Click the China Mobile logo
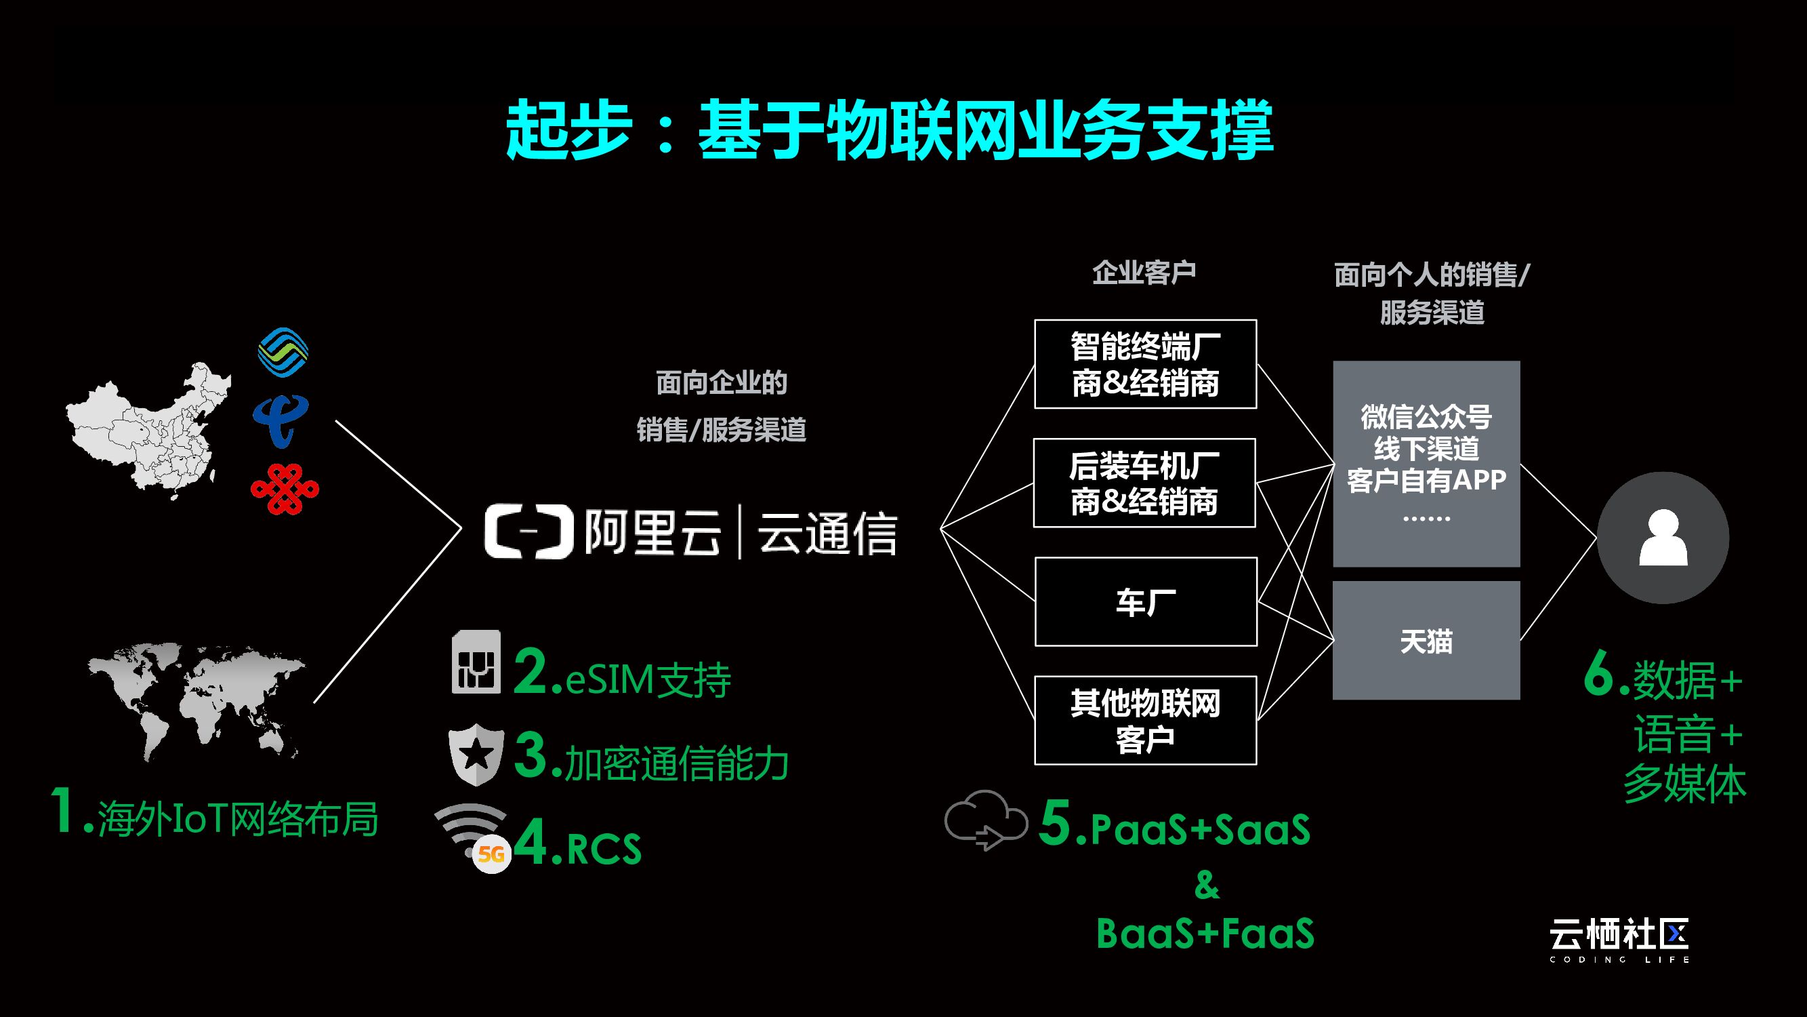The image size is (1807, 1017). (283, 353)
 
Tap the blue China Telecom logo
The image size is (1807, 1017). (281, 420)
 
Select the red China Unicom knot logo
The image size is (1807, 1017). (285, 488)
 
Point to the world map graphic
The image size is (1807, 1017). (197, 699)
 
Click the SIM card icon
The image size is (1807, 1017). (476, 662)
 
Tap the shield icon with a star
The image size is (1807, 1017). (476, 754)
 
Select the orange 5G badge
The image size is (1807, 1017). (491, 854)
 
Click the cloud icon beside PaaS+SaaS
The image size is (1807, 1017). (986, 819)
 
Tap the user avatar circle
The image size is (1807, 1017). (1663, 538)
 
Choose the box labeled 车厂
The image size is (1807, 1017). (1146, 601)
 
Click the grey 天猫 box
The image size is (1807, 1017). (1426, 640)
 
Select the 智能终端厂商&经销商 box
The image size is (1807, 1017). (1146, 364)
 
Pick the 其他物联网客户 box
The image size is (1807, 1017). (1146, 720)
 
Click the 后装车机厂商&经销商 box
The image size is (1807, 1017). (1145, 483)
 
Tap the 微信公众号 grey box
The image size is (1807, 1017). (1426, 463)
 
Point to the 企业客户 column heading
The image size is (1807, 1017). (1144, 273)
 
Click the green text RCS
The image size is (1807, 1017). (603, 850)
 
